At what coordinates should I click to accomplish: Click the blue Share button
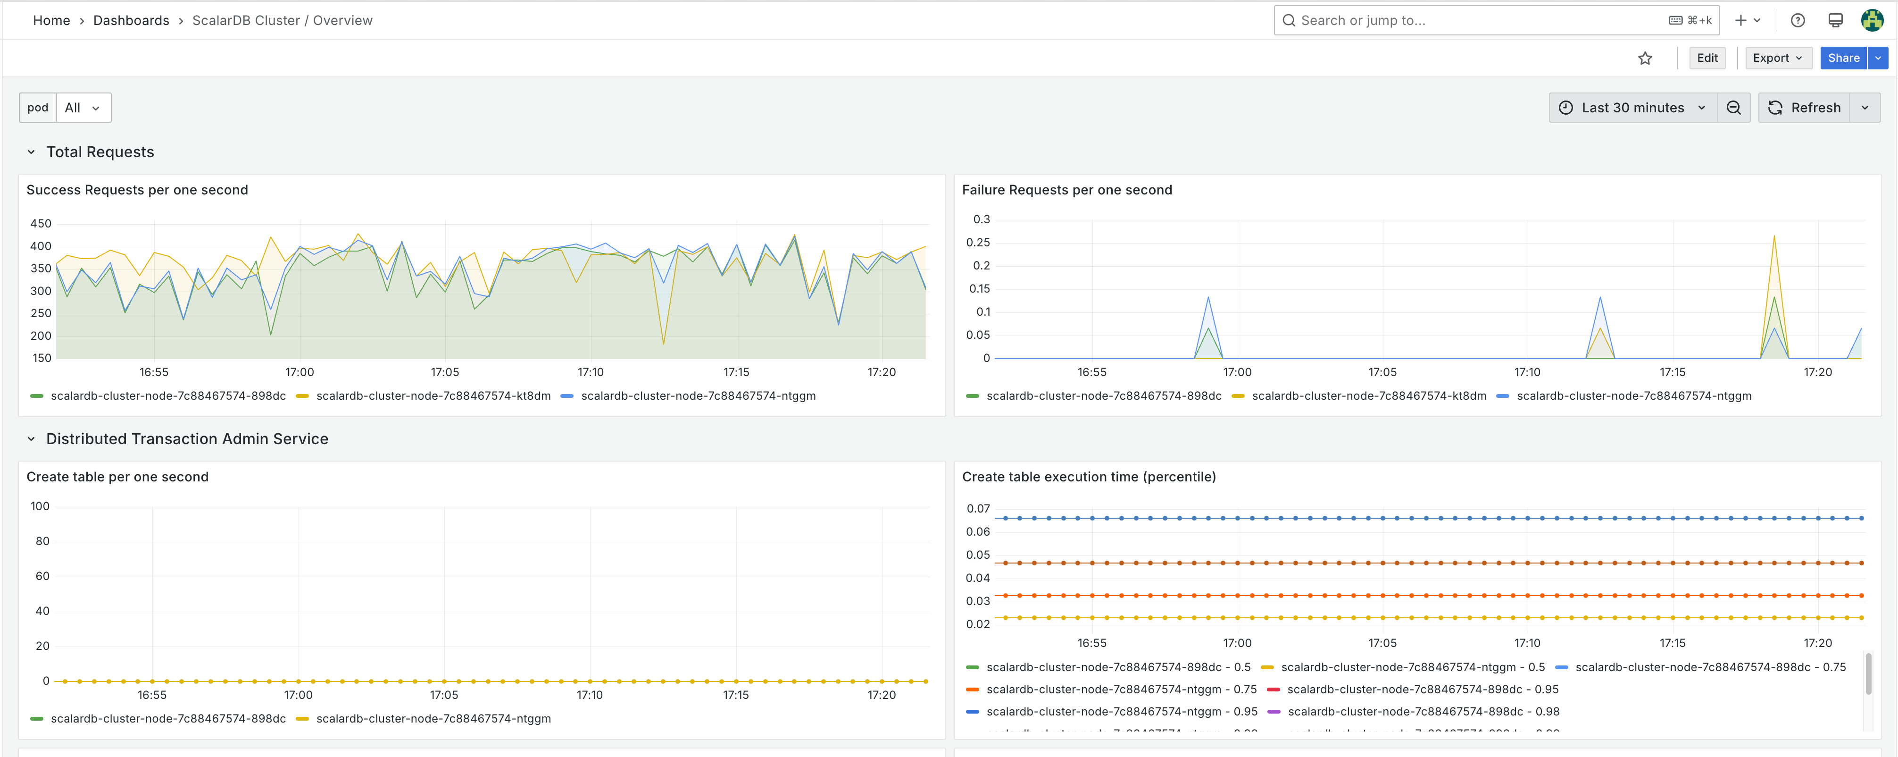(x=1843, y=58)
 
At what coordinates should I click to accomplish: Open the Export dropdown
(x=1777, y=58)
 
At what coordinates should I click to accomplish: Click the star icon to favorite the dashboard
(x=1645, y=58)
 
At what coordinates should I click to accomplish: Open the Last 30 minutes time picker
(x=1632, y=108)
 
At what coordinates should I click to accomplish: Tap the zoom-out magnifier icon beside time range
(x=1734, y=108)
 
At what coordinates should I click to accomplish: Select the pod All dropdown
(x=82, y=108)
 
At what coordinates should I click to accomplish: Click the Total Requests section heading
(x=100, y=152)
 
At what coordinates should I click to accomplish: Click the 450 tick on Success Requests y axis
(x=41, y=223)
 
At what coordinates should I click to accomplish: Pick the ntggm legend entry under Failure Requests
(x=1633, y=396)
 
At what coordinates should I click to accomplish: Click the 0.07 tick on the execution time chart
(x=978, y=509)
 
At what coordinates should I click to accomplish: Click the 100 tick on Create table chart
(x=40, y=506)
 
